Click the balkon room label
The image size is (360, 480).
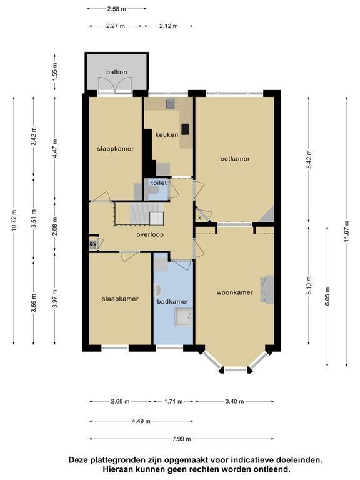[x=117, y=72]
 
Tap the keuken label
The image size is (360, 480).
[x=167, y=135]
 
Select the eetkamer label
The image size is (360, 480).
[x=235, y=159]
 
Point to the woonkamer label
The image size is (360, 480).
[x=235, y=292]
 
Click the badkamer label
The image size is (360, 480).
[x=172, y=301]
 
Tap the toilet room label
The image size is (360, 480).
[x=159, y=182]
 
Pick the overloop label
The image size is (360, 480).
[x=150, y=235]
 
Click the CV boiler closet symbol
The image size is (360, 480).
[x=92, y=244]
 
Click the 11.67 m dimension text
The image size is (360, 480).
[x=346, y=231]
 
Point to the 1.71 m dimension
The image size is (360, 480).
[x=173, y=401]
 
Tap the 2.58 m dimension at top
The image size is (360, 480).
[x=117, y=9]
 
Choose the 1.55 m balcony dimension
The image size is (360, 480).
[x=55, y=72]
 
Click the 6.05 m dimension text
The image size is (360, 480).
[x=327, y=297]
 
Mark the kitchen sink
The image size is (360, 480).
[x=170, y=104]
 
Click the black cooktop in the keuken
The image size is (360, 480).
[x=185, y=129]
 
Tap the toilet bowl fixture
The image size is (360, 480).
[x=154, y=191]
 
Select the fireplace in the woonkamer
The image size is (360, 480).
[x=267, y=289]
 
